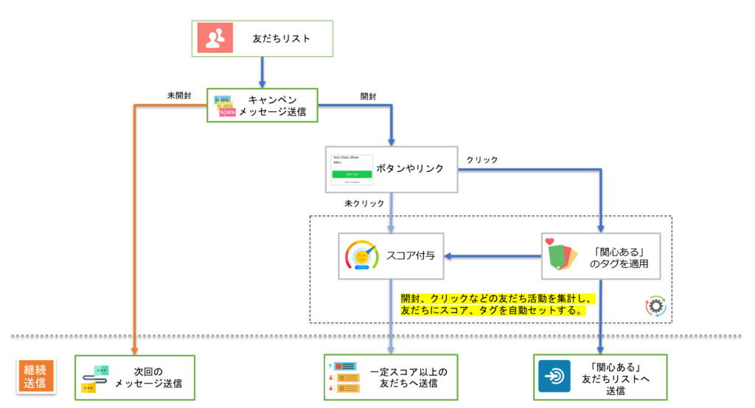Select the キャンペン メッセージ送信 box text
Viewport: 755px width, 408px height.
(x=276, y=106)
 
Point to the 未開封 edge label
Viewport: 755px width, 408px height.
(x=179, y=96)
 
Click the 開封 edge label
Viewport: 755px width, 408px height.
(x=369, y=96)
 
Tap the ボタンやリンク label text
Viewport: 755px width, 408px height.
(x=410, y=169)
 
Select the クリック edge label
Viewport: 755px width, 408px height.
(x=482, y=159)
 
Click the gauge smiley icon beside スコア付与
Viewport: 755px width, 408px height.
(x=361, y=256)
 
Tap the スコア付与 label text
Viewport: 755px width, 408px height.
(x=410, y=257)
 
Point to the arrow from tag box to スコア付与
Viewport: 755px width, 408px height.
(x=493, y=257)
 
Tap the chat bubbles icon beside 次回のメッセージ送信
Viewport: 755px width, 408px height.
(x=97, y=378)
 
